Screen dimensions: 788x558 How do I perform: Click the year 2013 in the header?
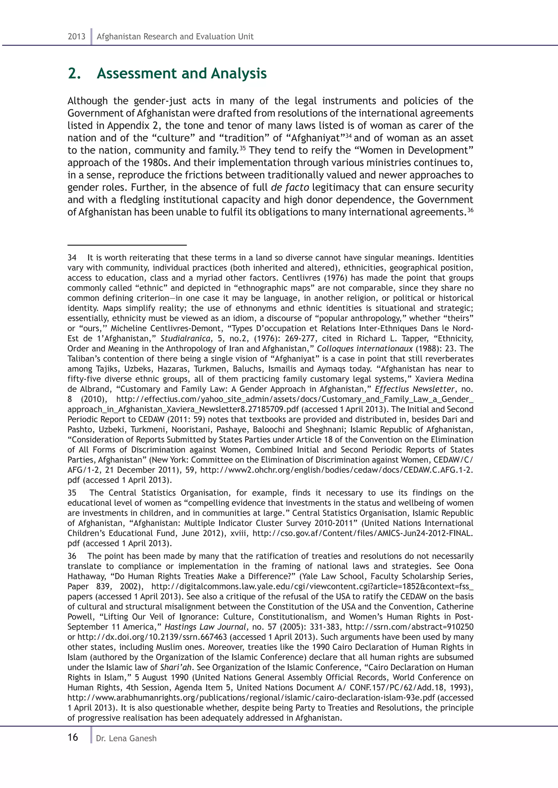click(x=76, y=36)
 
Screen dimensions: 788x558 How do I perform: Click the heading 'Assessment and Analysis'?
click(x=181, y=73)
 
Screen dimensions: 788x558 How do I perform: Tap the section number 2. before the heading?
click(x=74, y=73)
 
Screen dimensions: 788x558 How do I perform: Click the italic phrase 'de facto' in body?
click(x=290, y=187)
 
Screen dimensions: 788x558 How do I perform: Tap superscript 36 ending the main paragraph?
click(x=470, y=210)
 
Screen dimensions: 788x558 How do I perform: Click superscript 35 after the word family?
click(x=242, y=148)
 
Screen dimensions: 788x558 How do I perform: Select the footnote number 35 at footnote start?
click(x=72, y=493)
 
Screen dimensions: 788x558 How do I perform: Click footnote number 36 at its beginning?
click(x=72, y=556)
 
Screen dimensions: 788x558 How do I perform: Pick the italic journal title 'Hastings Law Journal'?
click(x=206, y=627)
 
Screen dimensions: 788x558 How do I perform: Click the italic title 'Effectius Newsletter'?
click(x=415, y=389)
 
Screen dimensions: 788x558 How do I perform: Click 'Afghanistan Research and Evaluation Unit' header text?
click(x=175, y=36)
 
